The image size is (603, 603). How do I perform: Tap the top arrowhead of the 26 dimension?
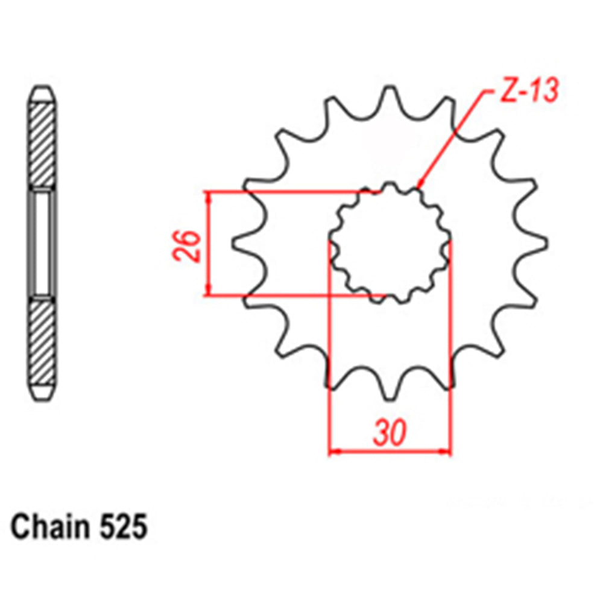coord(209,197)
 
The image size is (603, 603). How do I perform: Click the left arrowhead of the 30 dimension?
coord(333,451)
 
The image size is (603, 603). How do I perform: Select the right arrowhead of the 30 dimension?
coord(446,451)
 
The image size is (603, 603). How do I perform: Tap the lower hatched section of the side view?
coord(43,341)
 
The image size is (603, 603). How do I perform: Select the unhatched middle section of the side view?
coord(43,242)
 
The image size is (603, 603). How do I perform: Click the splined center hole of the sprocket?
coord(390,244)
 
